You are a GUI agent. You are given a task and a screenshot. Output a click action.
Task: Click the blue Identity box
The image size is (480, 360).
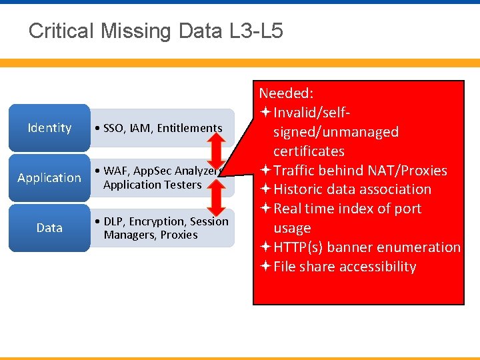click(49, 128)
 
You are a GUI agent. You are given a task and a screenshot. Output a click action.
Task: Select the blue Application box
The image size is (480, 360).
click(49, 178)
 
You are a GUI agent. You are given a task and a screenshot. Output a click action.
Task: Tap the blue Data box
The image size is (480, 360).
click(49, 228)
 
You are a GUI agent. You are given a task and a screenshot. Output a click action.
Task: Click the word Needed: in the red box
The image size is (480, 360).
click(287, 93)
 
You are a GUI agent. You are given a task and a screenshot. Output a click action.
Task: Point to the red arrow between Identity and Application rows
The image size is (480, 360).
click(215, 147)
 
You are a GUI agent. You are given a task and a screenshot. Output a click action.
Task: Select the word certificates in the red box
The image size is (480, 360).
click(309, 151)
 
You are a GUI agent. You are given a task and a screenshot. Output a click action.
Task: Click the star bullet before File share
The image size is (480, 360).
click(265, 267)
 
